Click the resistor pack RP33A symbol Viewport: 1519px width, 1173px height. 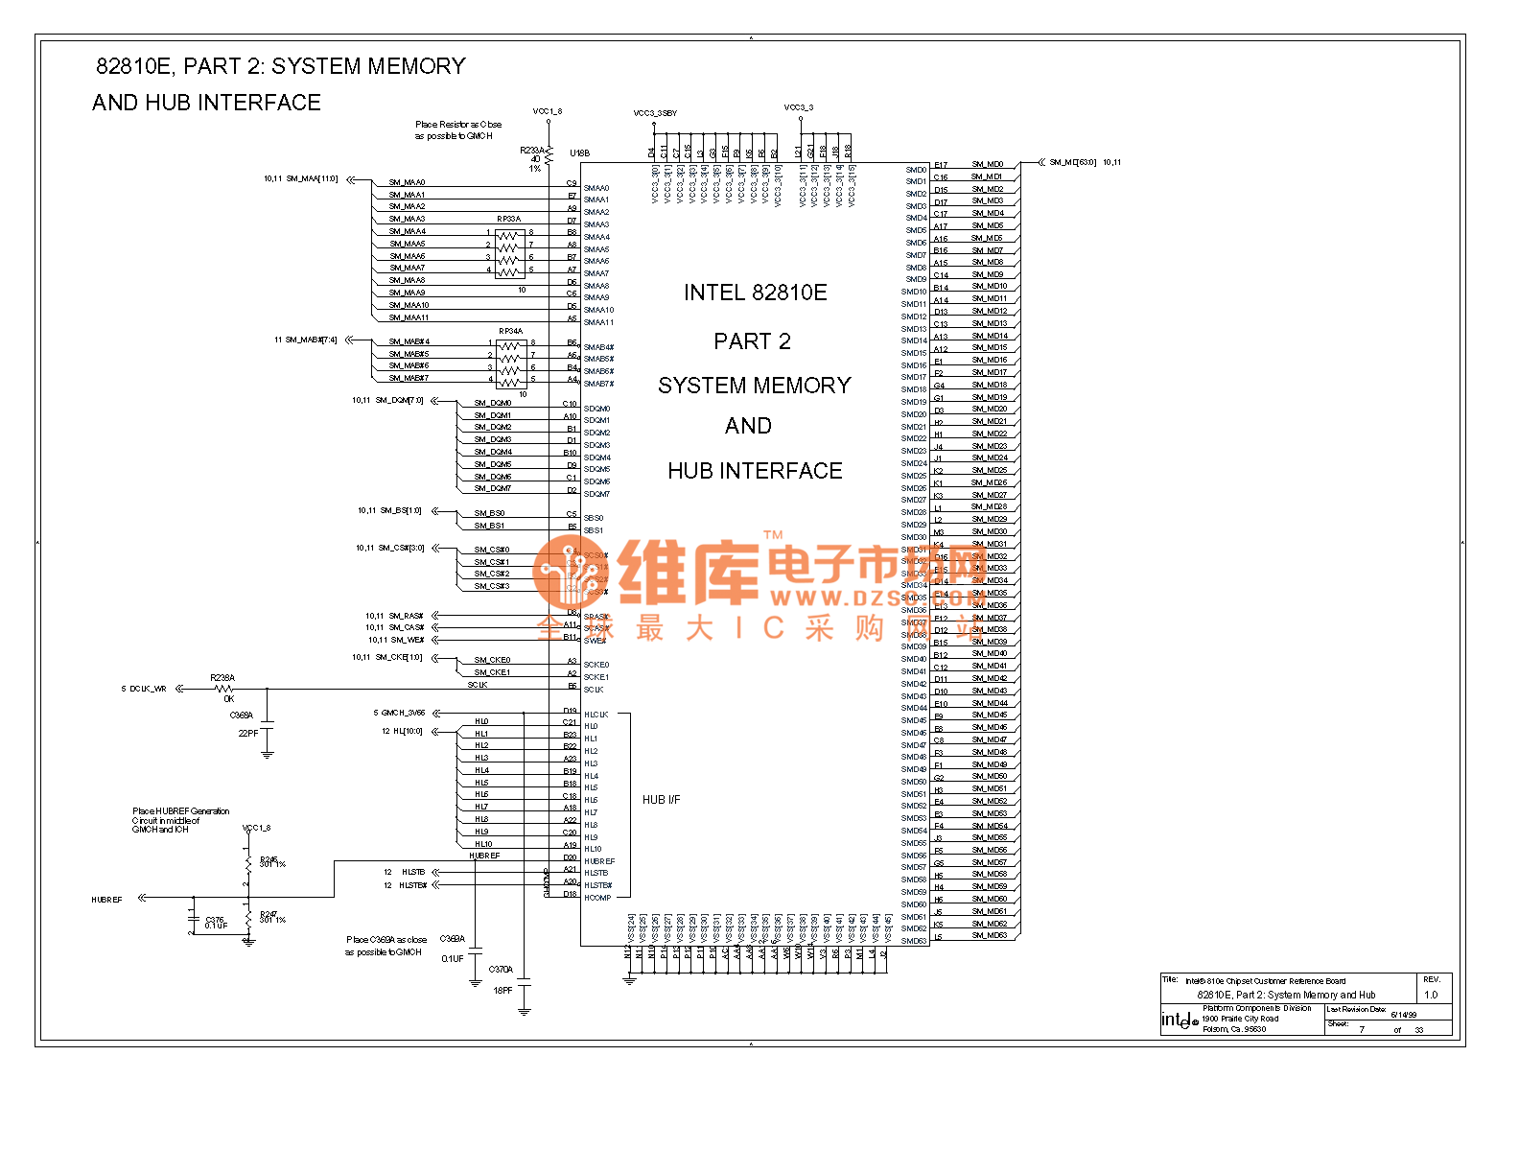point(509,251)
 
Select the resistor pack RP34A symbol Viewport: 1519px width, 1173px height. point(510,361)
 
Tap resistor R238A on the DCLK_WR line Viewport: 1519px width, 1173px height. point(223,689)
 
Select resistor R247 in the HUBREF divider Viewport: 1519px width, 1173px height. point(249,918)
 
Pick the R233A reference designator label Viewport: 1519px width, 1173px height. point(531,150)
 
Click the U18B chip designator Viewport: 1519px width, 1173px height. point(579,153)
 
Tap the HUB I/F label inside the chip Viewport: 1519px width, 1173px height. point(661,800)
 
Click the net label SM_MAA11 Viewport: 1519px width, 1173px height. point(409,317)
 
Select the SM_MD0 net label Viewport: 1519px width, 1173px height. point(987,165)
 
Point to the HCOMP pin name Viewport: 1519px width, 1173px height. point(597,898)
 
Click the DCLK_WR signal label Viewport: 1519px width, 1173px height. point(148,689)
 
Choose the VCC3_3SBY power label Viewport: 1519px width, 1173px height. point(655,113)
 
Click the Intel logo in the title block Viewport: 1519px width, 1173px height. point(1179,1021)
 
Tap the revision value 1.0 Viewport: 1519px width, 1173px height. point(1431,995)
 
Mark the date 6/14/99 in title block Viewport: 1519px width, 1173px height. point(1403,1014)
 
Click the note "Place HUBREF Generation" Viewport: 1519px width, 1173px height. point(180,811)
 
